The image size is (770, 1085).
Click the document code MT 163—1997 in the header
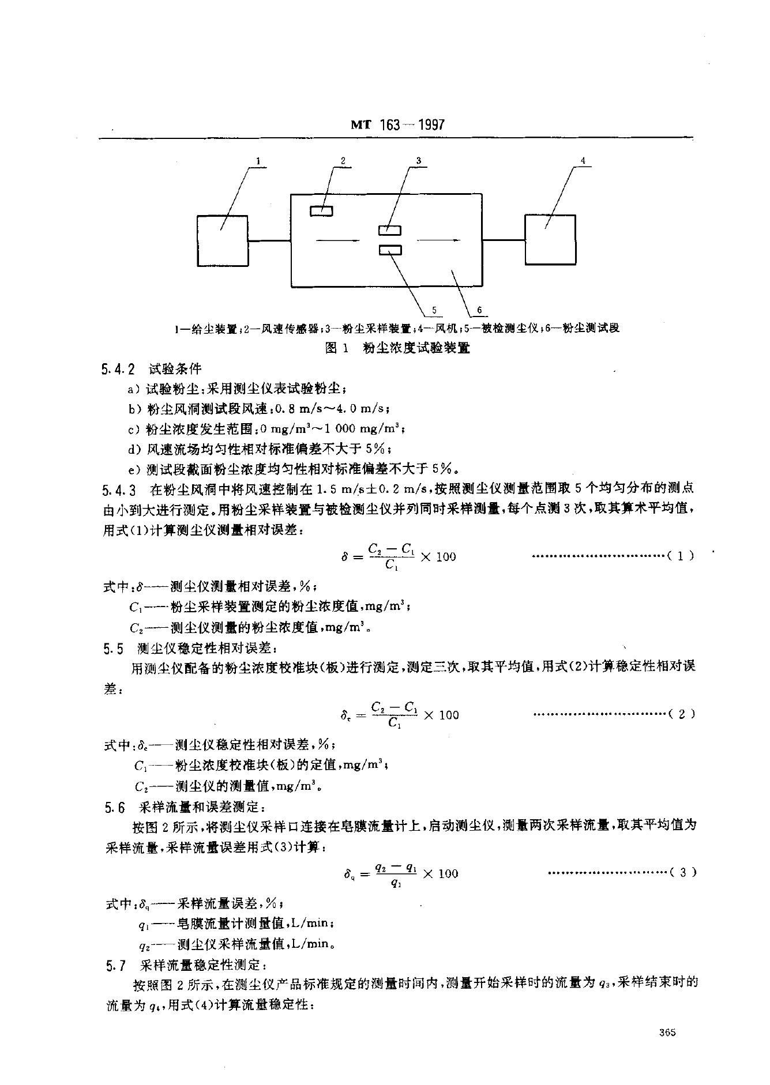click(x=399, y=125)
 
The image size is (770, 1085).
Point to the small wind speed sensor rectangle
click(x=321, y=212)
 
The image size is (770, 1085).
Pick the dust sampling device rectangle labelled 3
click(x=390, y=231)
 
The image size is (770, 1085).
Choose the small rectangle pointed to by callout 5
click(x=390, y=250)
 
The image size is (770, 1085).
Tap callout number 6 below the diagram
click(x=479, y=311)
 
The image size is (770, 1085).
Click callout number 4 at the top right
click(x=583, y=161)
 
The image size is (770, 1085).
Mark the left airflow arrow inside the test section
click(x=337, y=240)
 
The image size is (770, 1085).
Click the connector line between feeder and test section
click(x=269, y=240)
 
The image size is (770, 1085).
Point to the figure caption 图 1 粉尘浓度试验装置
click(x=397, y=348)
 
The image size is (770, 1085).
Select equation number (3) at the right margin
click(x=683, y=872)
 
